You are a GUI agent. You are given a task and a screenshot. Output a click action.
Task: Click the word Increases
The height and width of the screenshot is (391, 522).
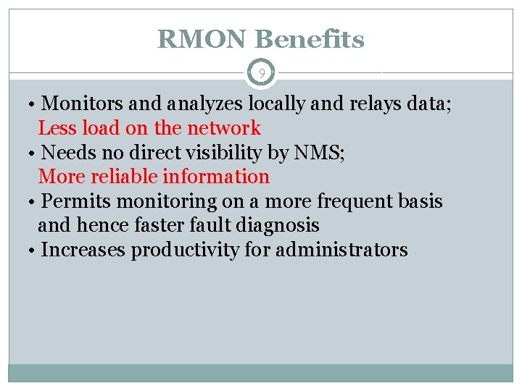[84, 251]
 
